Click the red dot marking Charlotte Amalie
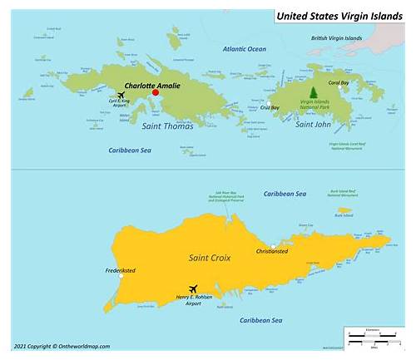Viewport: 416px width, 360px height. point(156,93)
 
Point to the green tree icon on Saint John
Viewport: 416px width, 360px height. point(313,91)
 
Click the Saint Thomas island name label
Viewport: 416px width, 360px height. point(166,126)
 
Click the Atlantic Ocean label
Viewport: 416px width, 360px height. point(245,49)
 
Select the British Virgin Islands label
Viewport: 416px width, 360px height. point(336,38)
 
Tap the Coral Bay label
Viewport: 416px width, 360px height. point(339,82)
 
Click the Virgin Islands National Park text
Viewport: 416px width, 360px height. point(314,106)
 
